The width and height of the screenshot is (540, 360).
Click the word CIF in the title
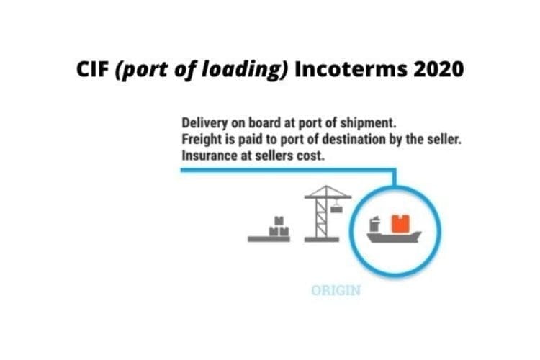92,69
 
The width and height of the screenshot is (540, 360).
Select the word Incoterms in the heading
351,69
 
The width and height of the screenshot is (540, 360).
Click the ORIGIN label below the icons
336,291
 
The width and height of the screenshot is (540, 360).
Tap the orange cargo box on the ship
400,224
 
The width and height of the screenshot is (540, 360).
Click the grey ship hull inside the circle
394,237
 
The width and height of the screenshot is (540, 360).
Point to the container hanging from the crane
336,208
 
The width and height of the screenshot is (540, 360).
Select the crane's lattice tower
321,217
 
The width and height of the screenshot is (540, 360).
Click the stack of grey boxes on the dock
279,227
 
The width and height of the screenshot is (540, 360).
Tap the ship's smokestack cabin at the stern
374,224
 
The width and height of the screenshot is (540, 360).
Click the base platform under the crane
322,240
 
